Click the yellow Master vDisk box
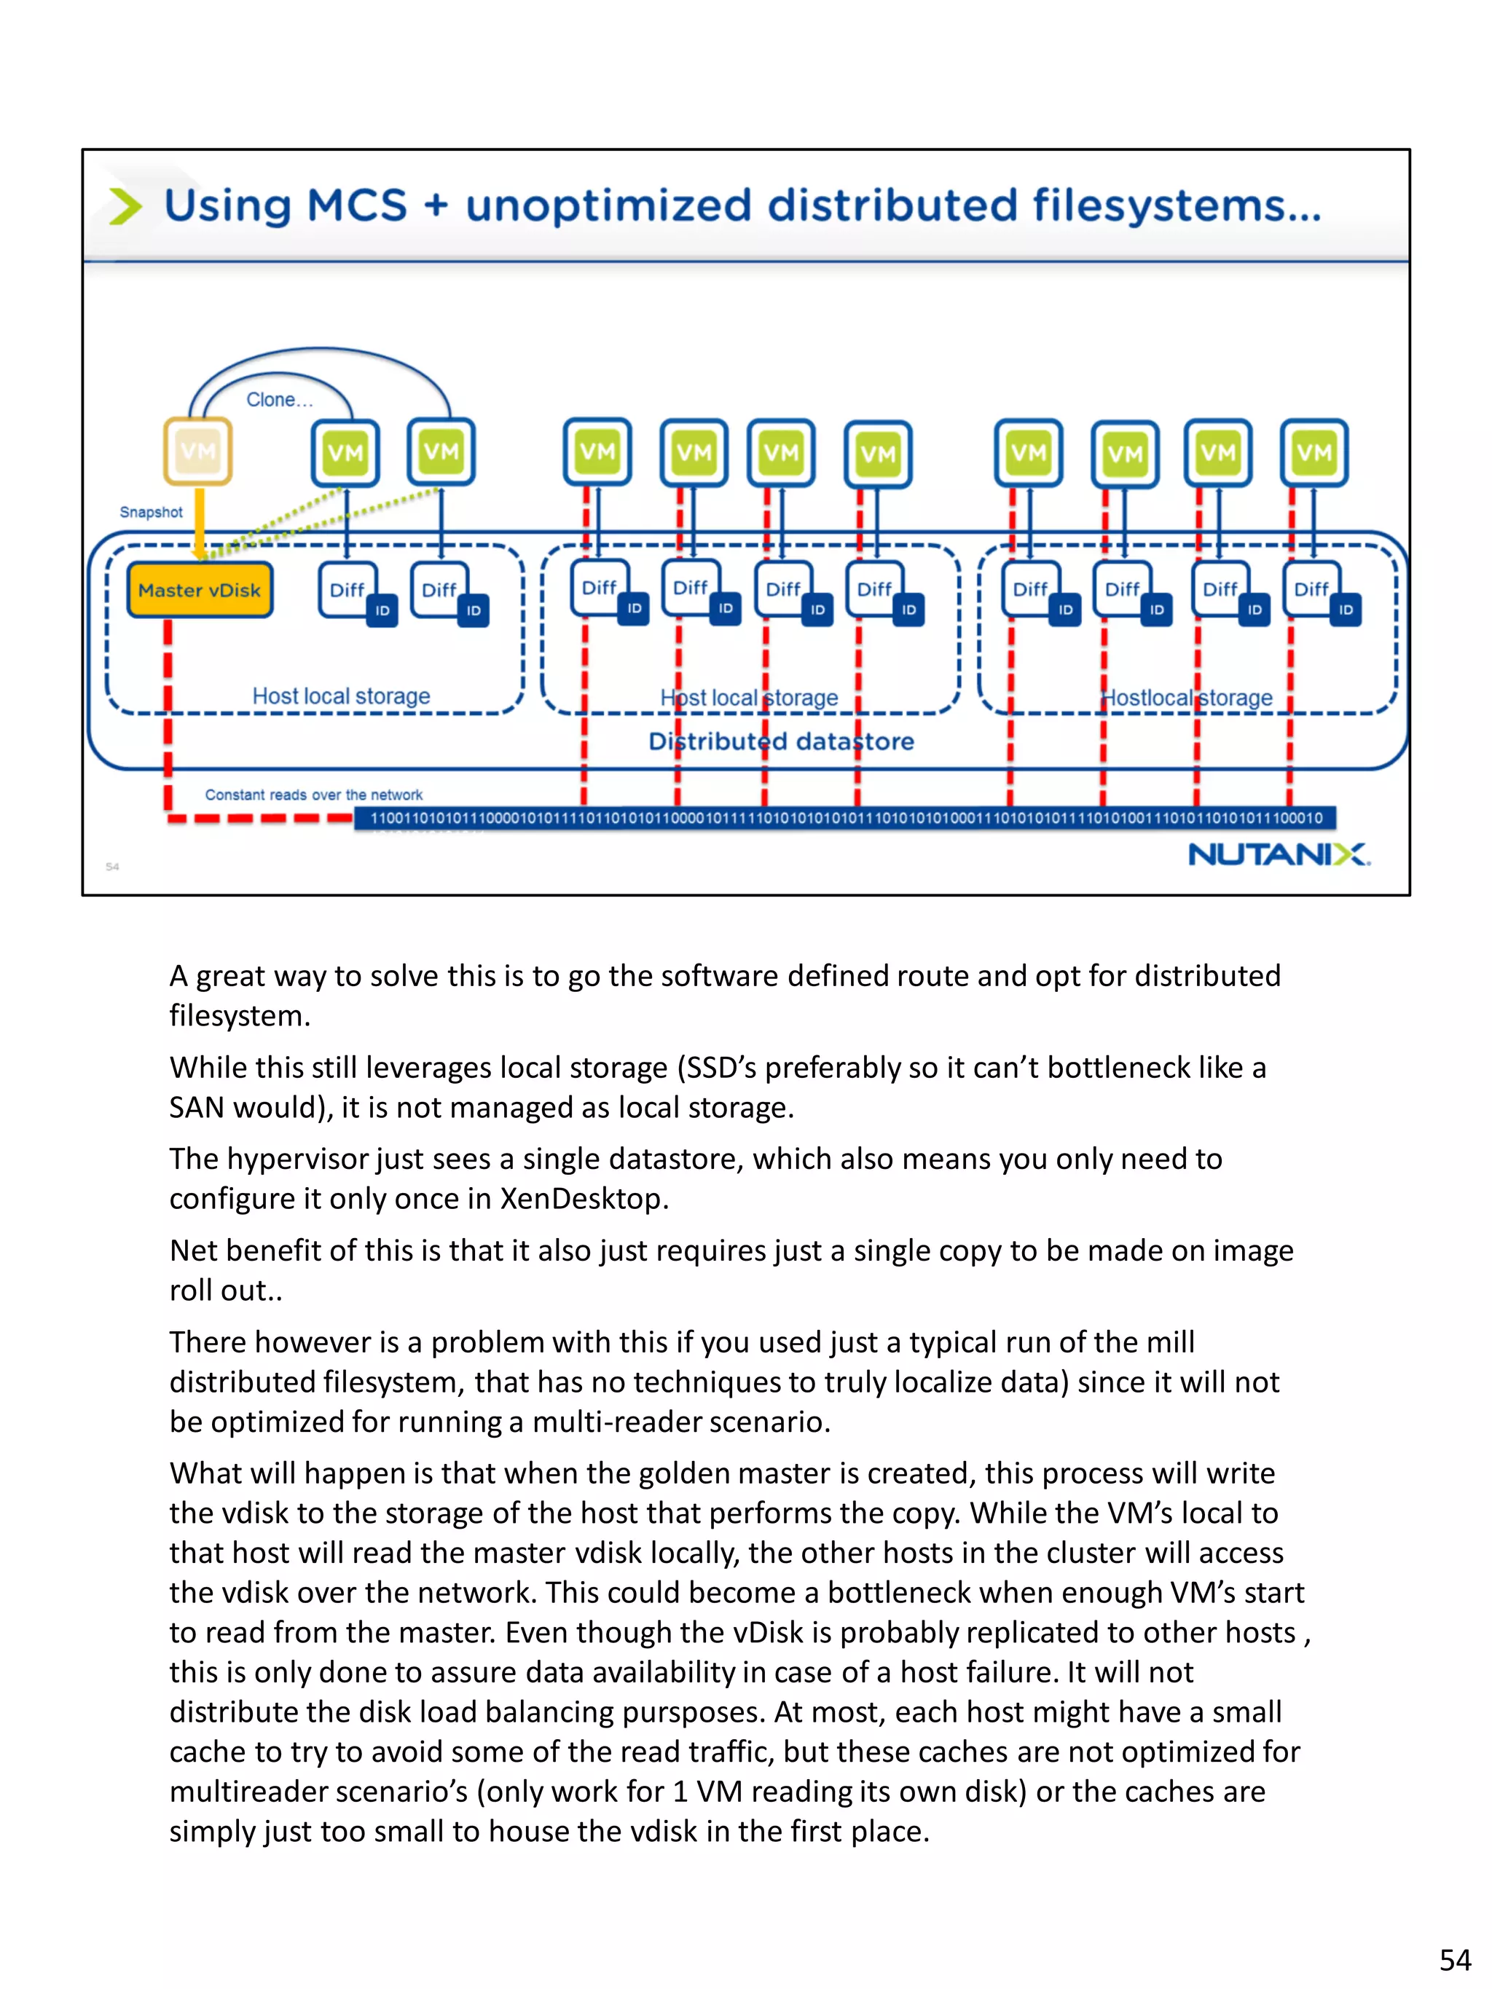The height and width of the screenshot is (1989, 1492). click(199, 590)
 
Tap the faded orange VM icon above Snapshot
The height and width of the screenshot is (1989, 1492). click(198, 452)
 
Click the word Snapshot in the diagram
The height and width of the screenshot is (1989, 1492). click(151, 512)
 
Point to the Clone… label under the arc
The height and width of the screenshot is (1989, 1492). click(280, 400)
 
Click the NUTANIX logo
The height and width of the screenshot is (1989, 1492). click(1278, 854)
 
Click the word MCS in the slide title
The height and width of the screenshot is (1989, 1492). click(358, 206)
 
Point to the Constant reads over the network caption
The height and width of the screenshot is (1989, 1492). click(313, 795)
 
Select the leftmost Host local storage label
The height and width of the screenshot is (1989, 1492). click(341, 696)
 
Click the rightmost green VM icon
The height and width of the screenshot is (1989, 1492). click(1314, 452)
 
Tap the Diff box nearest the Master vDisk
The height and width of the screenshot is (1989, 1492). click(348, 590)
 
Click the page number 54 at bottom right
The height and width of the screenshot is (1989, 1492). click(1454, 1959)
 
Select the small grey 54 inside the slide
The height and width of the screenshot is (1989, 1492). click(112, 867)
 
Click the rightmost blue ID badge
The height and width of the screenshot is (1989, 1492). click(1346, 610)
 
